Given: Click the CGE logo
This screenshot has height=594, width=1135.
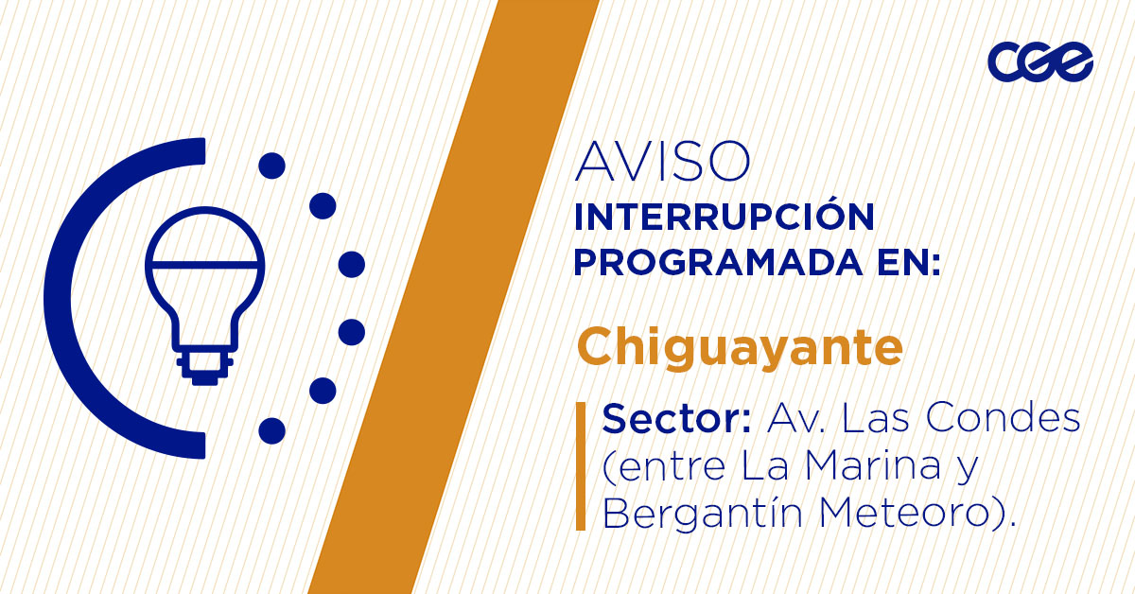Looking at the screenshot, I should click(x=1039, y=61).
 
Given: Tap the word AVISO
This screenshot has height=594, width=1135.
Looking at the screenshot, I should click(x=662, y=162).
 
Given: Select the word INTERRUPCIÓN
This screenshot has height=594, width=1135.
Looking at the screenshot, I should click(x=724, y=217).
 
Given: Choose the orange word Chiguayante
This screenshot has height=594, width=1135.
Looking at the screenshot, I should click(x=739, y=347).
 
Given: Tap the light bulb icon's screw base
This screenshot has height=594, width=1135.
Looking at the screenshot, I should click(x=204, y=365).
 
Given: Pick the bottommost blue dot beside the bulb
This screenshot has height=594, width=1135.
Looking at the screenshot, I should click(x=271, y=431).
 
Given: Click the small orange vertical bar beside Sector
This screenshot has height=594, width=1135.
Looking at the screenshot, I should click(x=581, y=465).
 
